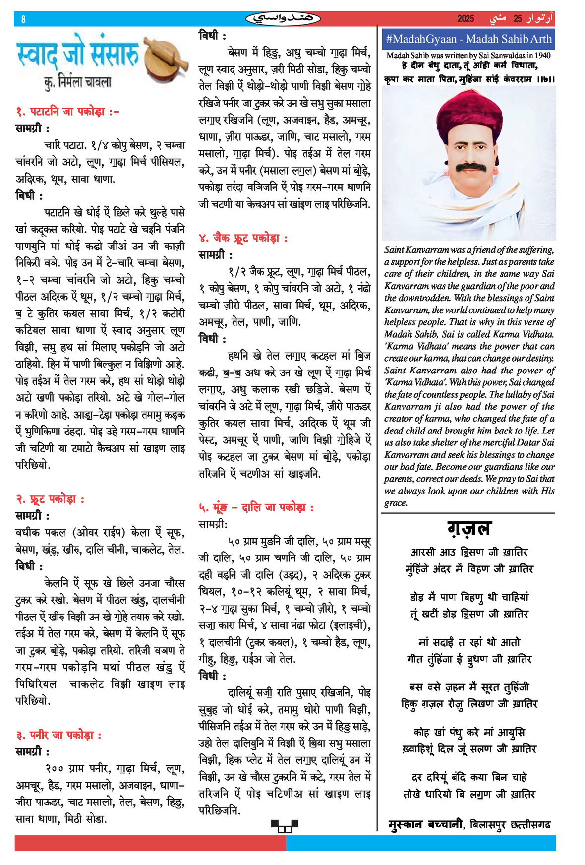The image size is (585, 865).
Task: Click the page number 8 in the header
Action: pos(23,19)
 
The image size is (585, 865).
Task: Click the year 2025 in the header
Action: pos(466,19)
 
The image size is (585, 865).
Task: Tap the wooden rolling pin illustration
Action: pos(166,57)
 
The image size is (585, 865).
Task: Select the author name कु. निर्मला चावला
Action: pos(77,82)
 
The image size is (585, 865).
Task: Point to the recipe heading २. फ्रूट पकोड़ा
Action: pos(50,499)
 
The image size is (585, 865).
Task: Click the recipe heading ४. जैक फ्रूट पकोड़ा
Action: pos(243,238)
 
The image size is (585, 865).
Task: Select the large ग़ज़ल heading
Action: pos(468,529)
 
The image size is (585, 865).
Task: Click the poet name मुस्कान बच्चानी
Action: pos(426,825)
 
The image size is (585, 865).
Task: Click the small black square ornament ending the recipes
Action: pos(285,826)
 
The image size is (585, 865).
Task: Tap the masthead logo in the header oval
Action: pos(283,19)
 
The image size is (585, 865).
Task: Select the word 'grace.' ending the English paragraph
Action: pos(396,503)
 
